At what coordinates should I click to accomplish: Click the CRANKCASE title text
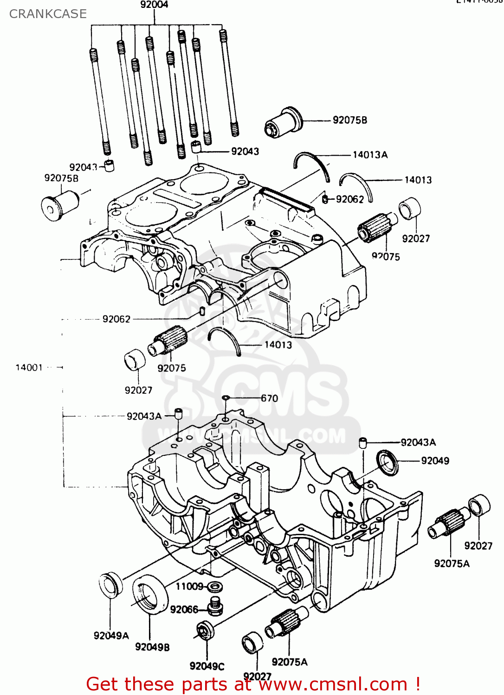[48, 14]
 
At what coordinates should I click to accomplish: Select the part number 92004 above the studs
[154, 5]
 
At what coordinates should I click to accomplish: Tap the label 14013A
[370, 155]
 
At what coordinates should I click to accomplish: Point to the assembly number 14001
[29, 367]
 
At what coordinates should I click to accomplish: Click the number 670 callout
[269, 398]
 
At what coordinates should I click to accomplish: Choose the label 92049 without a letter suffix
[435, 461]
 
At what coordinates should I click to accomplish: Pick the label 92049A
[111, 635]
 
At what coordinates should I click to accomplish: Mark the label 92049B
[152, 647]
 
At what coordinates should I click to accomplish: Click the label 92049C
[207, 666]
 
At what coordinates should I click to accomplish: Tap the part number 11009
[189, 587]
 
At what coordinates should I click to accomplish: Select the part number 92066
[184, 609]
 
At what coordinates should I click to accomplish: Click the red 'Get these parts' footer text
[253, 684]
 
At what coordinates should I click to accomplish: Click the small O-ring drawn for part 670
[226, 398]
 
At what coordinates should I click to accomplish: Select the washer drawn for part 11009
[214, 587]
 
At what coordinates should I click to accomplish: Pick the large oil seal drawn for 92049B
[150, 594]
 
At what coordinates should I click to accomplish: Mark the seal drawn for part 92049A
[110, 585]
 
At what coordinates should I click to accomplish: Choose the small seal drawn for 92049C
[205, 631]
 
